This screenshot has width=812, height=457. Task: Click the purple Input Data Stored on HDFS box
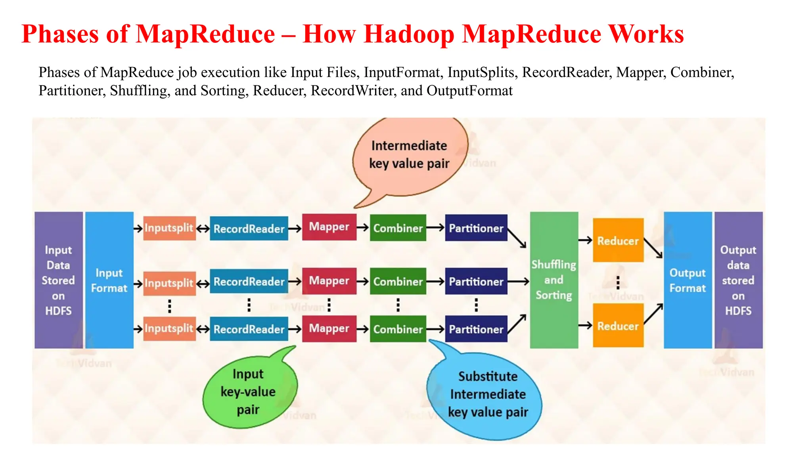click(59, 280)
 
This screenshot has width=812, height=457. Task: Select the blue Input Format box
click(109, 280)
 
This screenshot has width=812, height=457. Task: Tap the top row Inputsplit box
click(169, 228)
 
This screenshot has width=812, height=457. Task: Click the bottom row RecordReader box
click(249, 329)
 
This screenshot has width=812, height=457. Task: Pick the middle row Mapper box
click(329, 281)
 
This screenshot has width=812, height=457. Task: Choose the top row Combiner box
click(398, 228)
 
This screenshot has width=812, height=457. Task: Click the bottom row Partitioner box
click(476, 329)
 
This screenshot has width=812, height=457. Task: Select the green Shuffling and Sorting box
click(554, 280)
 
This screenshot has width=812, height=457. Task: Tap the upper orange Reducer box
click(618, 240)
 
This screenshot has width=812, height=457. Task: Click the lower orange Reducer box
click(618, 326)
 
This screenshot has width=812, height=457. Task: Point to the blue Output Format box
click(688, 280)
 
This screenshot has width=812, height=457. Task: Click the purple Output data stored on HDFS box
click(738, 280)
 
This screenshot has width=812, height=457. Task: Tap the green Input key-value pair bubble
click(249, 392)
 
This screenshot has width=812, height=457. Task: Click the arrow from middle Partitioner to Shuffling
click(518, 282)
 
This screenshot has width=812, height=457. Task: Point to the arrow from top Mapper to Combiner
click(363, 227)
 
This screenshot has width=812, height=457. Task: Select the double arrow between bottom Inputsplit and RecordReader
click(203, 329)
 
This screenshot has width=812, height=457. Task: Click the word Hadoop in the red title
click(409, 34)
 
